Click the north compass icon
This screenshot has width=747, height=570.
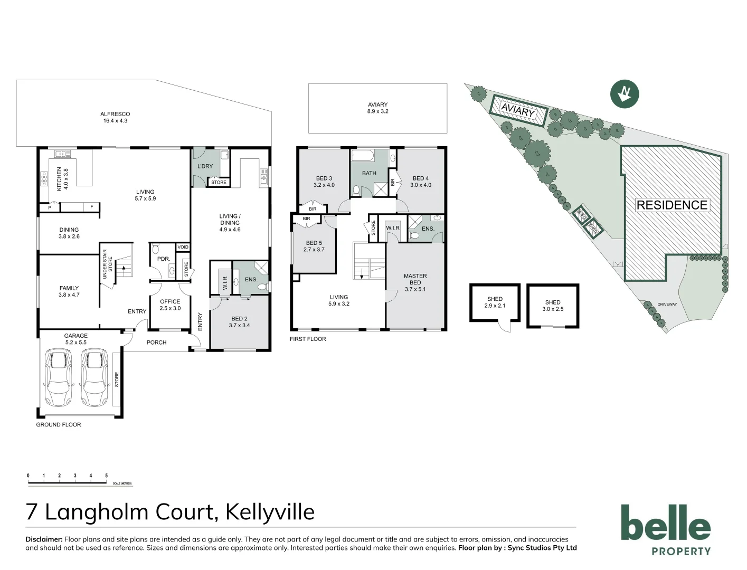pyautogui.click(x=625, y=94)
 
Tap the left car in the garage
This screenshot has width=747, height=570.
pyautogui.click(x=59, y=377)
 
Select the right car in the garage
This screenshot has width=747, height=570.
pyautogui.click(x=94, y=377)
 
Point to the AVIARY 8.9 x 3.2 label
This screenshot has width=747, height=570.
pyautogui.click(x=377, y=108)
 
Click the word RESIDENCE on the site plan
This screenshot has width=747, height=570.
pyautogui.click(x=672, y=205)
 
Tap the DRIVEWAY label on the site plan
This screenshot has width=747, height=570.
pyautogui.click(x=667, y=305)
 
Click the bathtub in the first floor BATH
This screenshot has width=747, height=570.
pyautogui.click(x=363, y=156)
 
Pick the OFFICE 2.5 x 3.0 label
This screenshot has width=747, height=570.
pyautogui.click(x=170, y=305)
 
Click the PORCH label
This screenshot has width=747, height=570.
pyautogui.click(x=156, y=343)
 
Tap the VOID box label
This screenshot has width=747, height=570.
pyautogui.click(x=183, y=247)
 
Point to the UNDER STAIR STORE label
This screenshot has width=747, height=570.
pyautogui.click(x=108, y=264)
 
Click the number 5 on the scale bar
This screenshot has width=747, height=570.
pyautogui.click(x=106, y=476)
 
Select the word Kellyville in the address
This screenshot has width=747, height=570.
pyautogui.click(x=270, y=511)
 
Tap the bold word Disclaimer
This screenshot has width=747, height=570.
pyautogui.click(x=44, y=539)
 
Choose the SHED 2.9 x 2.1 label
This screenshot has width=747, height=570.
pyautogui.click(x=495, y=302)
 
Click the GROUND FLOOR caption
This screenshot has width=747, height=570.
pyautogui.click(x=59, y=424)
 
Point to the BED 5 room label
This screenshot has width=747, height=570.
pyautogui.click(x=314, y=246)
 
